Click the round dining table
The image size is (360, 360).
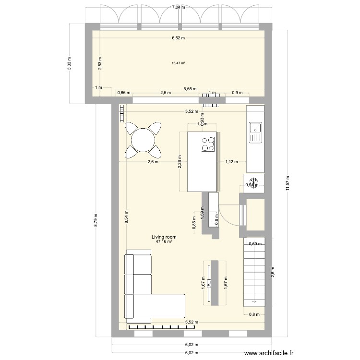(142, 140)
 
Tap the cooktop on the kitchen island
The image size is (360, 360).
(208, 144)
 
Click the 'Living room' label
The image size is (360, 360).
(164, 237)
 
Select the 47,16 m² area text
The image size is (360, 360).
(164, 242)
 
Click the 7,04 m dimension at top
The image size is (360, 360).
(179, 7)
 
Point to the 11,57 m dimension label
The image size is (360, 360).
(288, 182)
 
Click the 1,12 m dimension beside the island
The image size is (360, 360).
(231, 162)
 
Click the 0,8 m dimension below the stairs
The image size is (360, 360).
(254, 315)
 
